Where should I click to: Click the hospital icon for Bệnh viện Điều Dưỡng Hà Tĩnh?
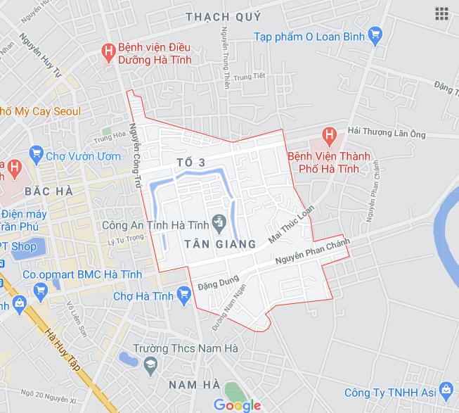pos(108,51)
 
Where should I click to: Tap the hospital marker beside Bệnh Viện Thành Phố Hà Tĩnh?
pos(328,133)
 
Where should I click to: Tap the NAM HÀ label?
pos(194,383)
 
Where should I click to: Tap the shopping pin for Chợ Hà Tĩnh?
pos(184,293)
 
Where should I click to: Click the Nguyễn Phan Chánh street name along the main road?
pos(312,253)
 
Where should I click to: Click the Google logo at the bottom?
pos(238,405)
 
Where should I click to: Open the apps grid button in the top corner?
pos(441,13)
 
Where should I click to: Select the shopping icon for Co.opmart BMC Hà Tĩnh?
pos(40,290)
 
